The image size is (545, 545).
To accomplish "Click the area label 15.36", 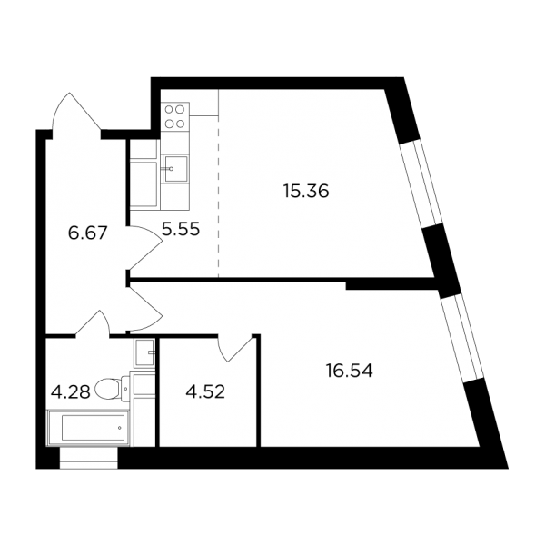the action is (306, 191).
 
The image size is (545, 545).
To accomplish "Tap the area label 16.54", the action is (350, 371).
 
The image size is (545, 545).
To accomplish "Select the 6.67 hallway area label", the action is (87, 233).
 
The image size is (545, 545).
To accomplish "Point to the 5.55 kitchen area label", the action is (181, 230).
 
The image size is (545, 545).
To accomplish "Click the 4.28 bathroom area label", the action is (71, 392).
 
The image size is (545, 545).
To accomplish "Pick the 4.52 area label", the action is (205, 392).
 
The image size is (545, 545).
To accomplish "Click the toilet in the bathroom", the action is (112, 388).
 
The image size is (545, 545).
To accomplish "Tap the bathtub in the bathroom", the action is (88, 428).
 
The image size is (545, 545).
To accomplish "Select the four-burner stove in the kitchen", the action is (174, 116).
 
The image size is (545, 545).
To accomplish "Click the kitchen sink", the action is (175, 169).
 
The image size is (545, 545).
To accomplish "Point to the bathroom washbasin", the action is (144, 352).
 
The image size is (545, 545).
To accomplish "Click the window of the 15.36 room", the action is (418, 183).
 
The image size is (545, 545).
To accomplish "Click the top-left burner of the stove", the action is (169, 109).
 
